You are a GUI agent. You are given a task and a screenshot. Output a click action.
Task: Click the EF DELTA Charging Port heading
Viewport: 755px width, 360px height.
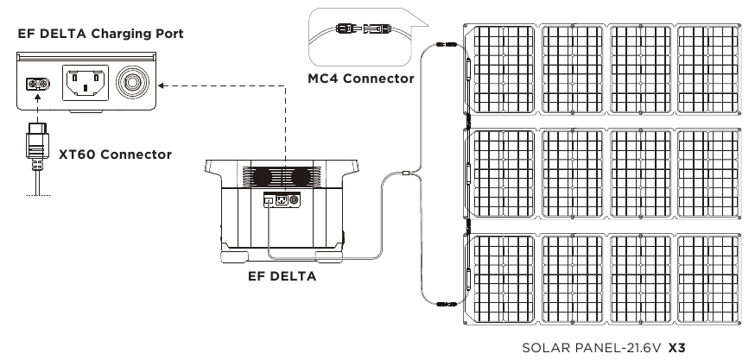click(100, 34)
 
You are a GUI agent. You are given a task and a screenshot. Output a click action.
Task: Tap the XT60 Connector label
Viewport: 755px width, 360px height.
click(115, 155)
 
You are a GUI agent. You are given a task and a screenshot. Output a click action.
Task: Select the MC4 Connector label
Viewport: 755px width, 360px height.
click(361, 79)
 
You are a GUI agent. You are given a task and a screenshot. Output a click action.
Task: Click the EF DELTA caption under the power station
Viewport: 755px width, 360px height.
click(282, 276)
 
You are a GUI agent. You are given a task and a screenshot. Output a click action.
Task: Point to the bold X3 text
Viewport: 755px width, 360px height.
click(676, 348)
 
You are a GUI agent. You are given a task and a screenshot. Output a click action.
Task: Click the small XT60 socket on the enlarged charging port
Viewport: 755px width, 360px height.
click(37, 85)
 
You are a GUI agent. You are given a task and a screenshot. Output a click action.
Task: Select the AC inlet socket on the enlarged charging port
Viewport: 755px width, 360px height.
click(86, 83)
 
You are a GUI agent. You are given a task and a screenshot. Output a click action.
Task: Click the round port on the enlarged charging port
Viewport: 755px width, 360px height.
click(132, 82)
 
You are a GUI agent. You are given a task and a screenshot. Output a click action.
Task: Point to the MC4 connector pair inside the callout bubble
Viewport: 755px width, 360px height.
click(363, 28)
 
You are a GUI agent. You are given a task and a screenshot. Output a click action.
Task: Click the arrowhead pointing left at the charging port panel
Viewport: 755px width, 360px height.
click(162, 85)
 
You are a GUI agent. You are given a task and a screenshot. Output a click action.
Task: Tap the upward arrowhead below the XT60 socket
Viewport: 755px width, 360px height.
click(37, 98)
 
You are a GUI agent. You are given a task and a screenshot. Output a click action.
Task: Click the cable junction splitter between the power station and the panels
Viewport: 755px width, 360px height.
click(405, 173)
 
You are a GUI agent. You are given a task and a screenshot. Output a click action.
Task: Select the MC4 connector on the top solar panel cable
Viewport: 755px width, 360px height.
click(447, 44)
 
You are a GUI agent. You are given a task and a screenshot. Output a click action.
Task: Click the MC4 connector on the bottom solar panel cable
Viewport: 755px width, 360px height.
click(447, 304)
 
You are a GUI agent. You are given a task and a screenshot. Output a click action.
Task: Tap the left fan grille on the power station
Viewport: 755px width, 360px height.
click(263, 176)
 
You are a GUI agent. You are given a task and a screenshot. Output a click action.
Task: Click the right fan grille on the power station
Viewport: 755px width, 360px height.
click(303, 176)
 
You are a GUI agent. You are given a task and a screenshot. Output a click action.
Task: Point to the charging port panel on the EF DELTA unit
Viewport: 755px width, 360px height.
click(282, 199)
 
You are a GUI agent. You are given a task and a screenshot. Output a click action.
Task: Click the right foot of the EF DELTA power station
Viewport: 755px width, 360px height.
click(329, 256)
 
